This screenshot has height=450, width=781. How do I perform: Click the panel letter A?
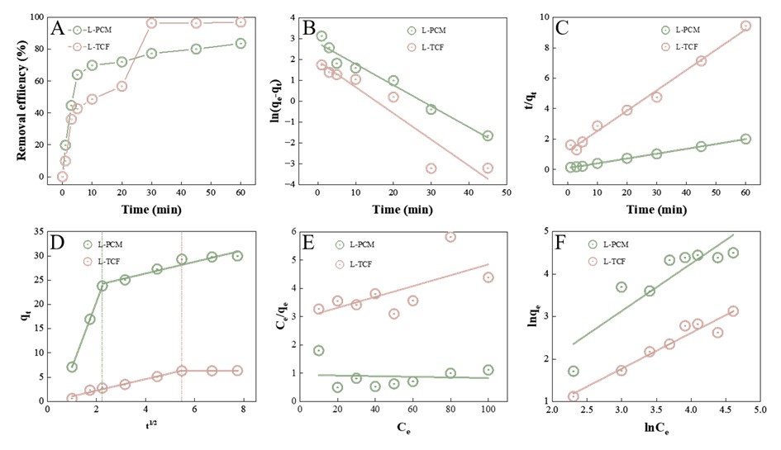point(58,30)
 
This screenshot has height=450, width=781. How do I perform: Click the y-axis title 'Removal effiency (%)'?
point(16,97)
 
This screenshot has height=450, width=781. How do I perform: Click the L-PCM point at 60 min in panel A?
point(240,44)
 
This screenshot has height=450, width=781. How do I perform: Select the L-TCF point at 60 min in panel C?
point(745,26)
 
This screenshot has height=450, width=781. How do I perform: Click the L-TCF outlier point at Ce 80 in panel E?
point(450,237)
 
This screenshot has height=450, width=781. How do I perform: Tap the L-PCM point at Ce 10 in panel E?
point(318,351)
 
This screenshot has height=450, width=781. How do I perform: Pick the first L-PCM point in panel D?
point(73,367)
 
